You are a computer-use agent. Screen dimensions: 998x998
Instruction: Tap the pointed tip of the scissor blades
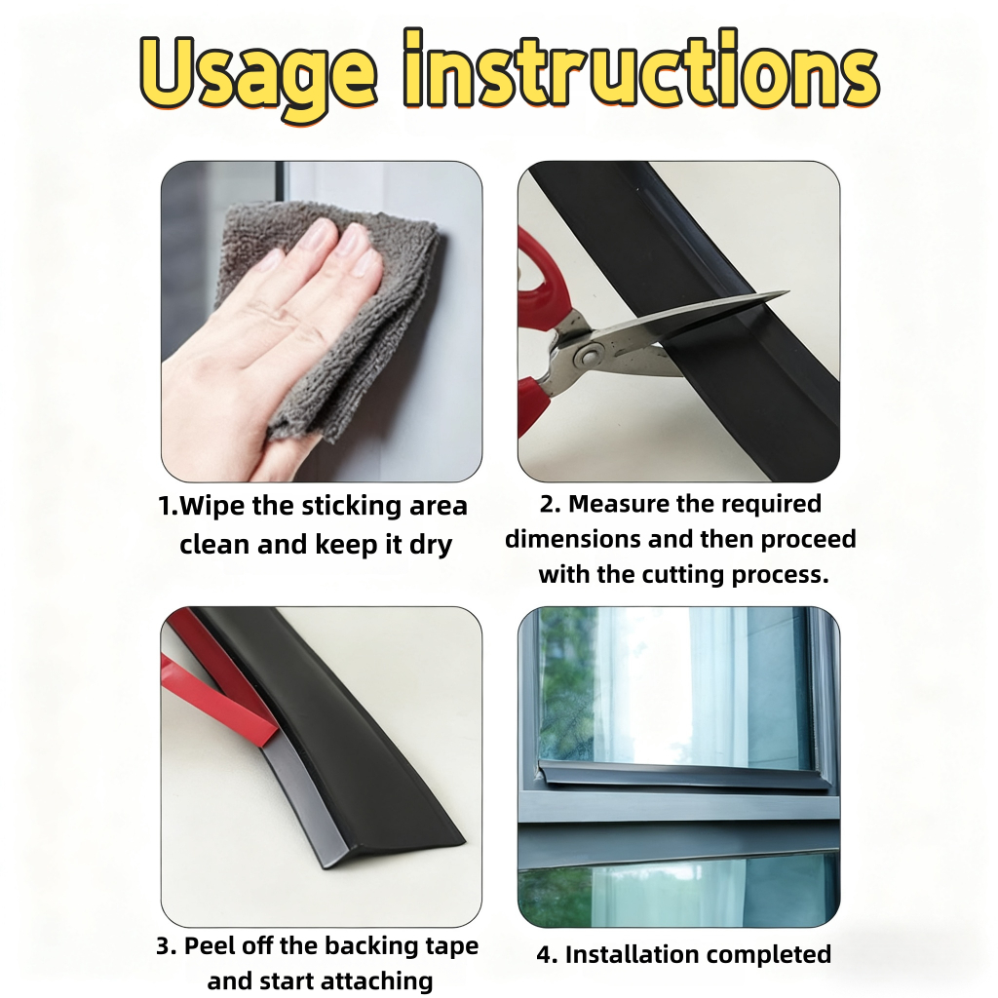click(x=787, y=292)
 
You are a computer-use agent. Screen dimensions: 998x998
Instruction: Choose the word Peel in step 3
click(x=209, y=945)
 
